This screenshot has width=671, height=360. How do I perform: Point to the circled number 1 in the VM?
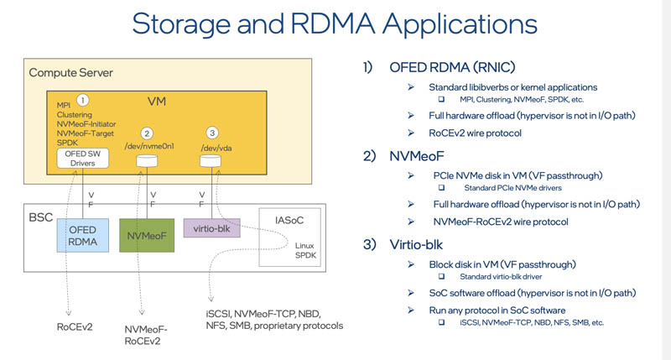(82, 100)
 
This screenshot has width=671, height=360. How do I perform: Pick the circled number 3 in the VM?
(213, 133)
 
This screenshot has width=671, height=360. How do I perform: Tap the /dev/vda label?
(214, 147)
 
